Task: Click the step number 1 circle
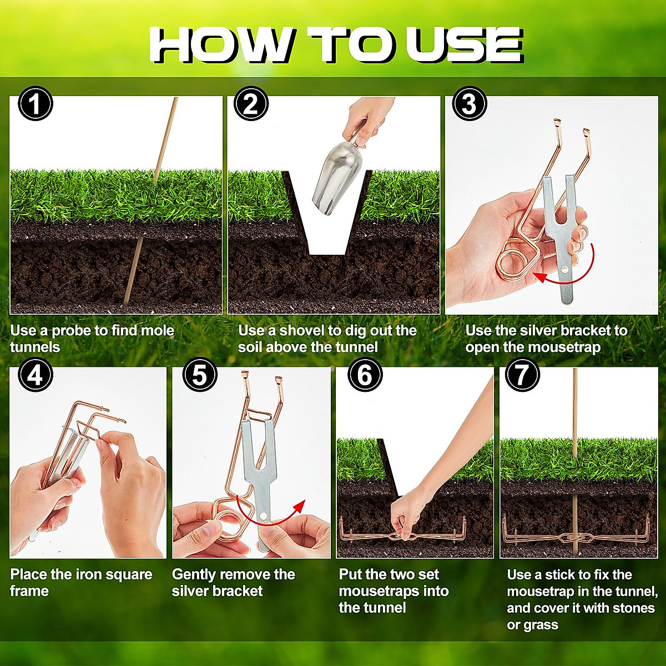(x=35, y=104)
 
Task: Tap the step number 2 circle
(x=251, y=104)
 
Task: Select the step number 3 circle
(x=470, y=104)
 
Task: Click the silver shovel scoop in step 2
(x=335, y=178)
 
